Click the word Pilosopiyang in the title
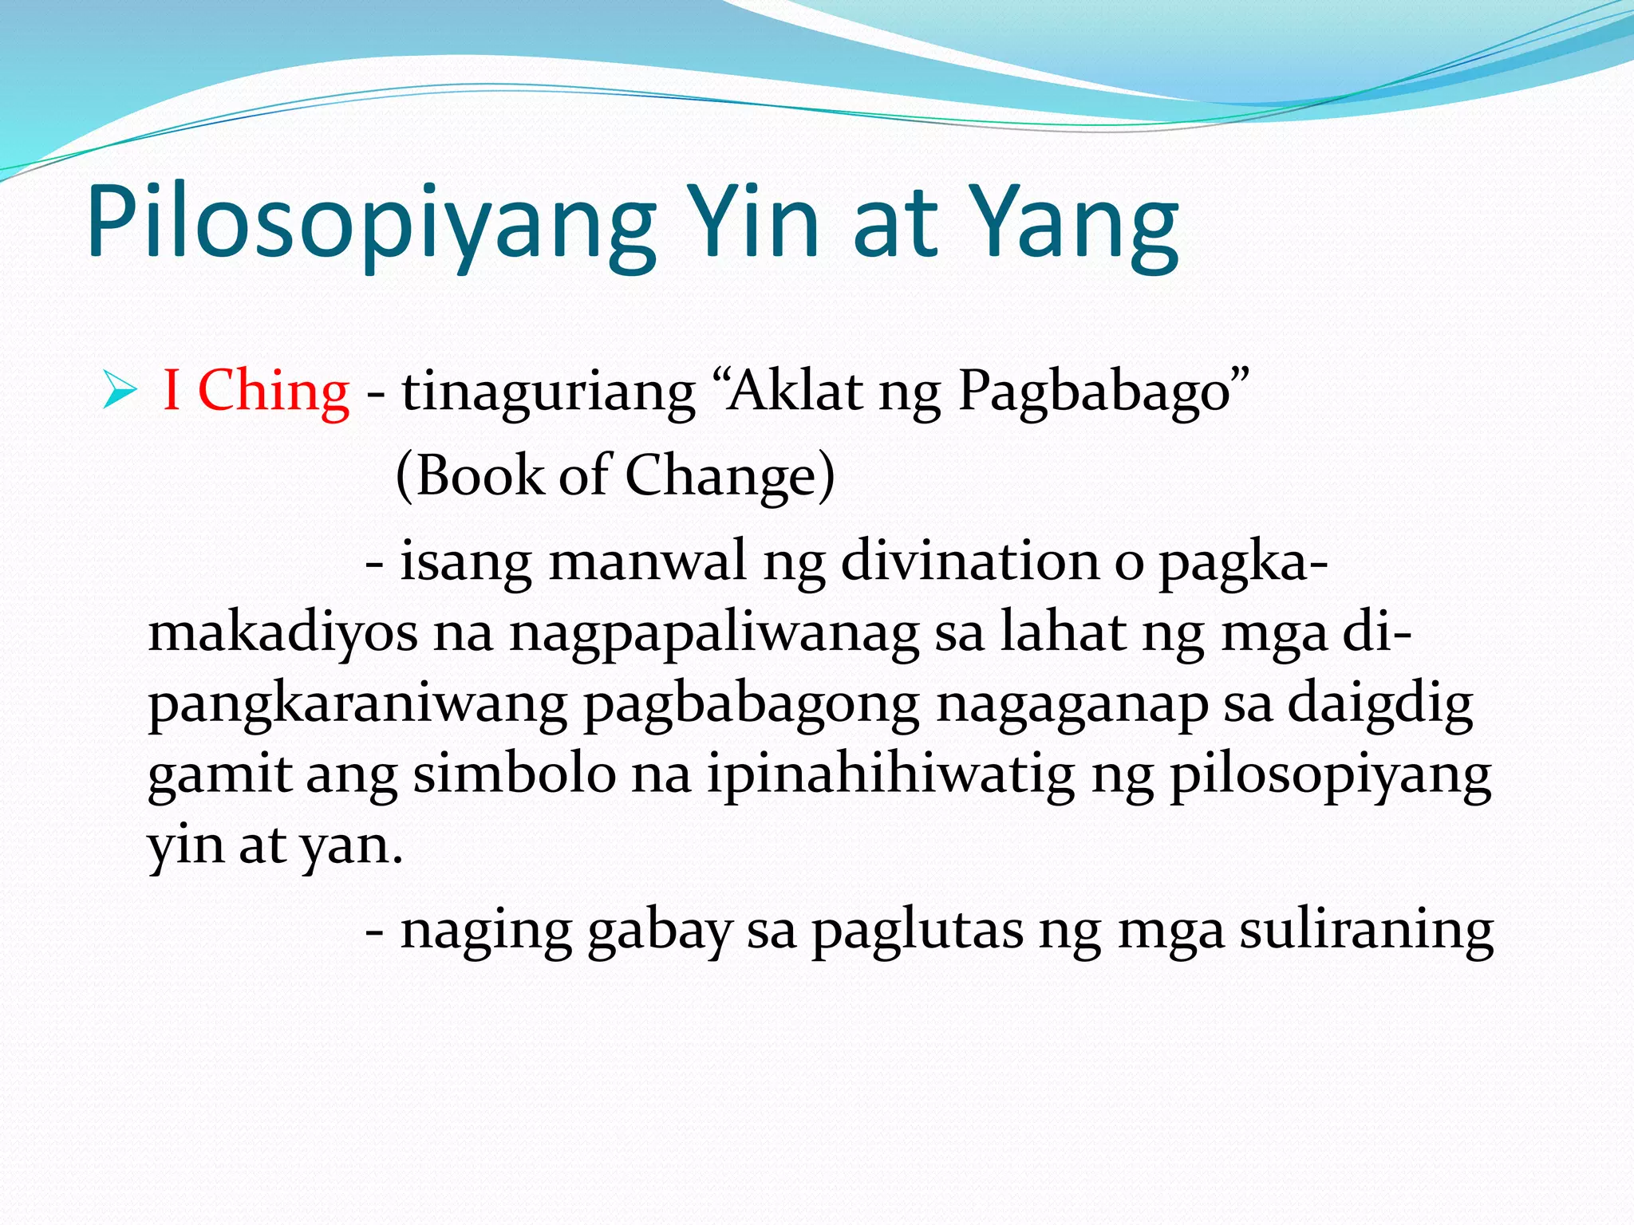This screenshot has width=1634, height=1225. [371, 223]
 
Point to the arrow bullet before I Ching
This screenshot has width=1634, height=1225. [120, 392]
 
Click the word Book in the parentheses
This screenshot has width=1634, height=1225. [479, 475]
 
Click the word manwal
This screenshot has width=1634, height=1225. [647, 560]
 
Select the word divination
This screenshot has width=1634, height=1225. [970, 560]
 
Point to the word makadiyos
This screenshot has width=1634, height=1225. [282, 633]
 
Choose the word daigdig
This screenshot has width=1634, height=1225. [1380, 704]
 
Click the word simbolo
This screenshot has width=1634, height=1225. [515, 774]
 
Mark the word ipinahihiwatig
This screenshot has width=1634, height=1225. [890, 774]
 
